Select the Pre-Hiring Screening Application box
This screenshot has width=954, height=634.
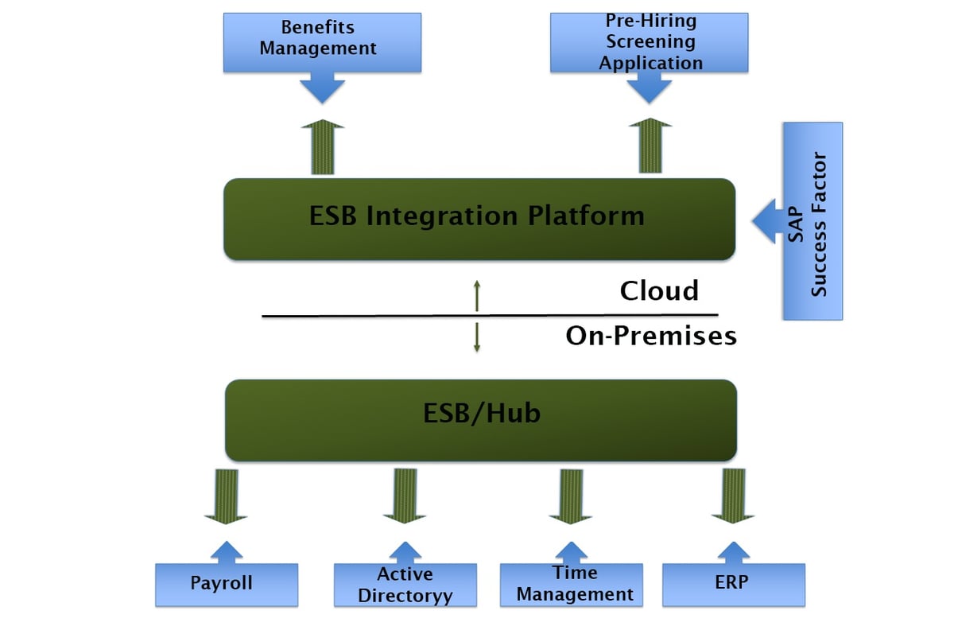pos(650,42)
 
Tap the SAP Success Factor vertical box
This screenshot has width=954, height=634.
pos(812,222)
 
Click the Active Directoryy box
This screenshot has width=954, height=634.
pos(405,585)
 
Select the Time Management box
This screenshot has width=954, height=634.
pos(571,585)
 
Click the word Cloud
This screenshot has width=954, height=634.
pos(659,290)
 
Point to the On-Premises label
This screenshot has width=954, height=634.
pos(651,336)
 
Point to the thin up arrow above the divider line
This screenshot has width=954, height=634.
pos(476,295)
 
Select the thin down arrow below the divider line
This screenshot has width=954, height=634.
pos(476,336)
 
